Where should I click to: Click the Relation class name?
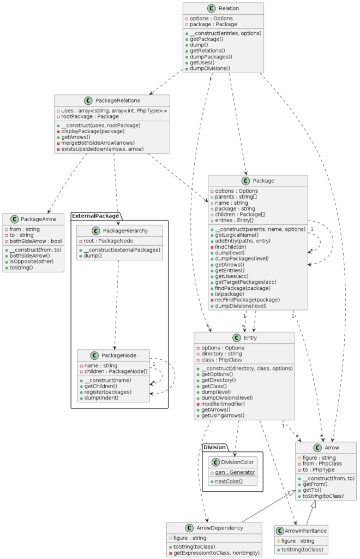(x=229, y=9)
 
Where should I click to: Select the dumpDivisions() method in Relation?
(x=209, y=69)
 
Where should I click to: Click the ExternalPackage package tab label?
(x=95, y=216)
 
